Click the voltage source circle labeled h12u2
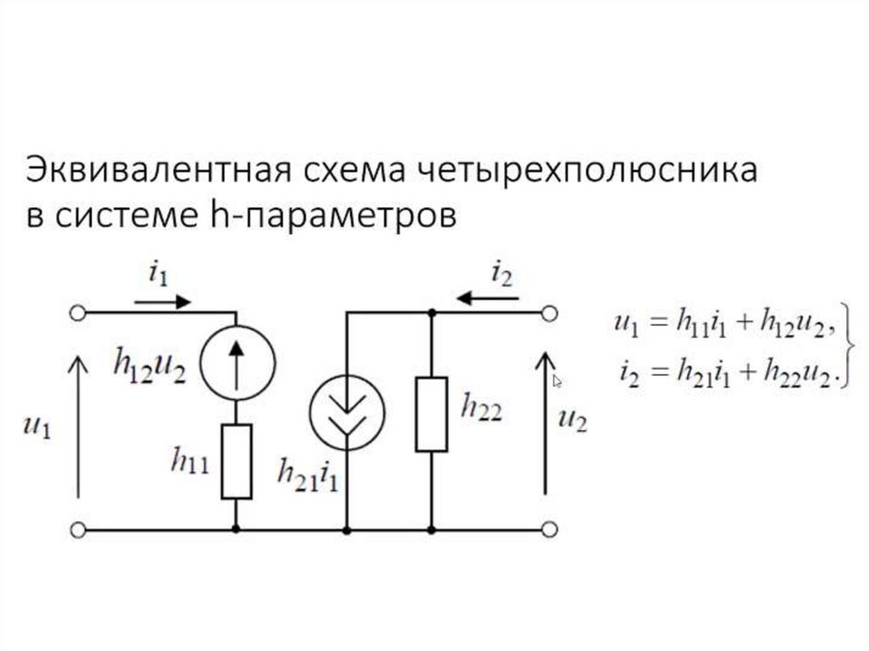pos(236,360)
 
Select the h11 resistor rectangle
pos(236,462)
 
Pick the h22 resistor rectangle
pos(431,413)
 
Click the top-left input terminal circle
pos(77,313)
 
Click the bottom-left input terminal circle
pos(77,530)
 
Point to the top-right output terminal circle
pos(549,313)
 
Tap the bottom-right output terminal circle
pos(549,530)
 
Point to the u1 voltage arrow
pos(77,424)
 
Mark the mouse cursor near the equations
pos(558,381)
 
